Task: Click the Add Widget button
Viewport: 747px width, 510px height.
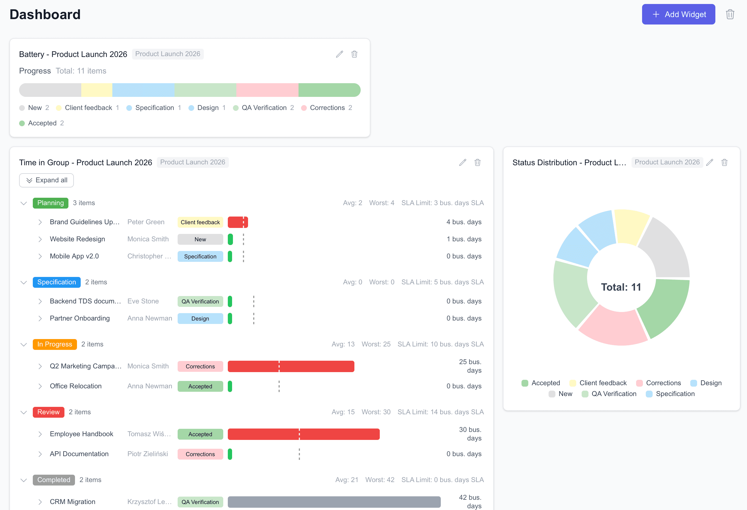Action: (x=678, y=14)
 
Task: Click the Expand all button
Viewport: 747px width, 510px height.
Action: (x=46, y=180)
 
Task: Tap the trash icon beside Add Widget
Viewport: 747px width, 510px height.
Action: (x=730, y=15)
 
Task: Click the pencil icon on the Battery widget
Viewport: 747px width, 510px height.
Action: (x=339, y=54)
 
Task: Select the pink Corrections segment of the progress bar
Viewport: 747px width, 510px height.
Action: (x=267, y=90)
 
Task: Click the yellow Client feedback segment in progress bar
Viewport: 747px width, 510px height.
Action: (x=96, y=90)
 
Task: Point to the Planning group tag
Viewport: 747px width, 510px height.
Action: (x=50, y=203)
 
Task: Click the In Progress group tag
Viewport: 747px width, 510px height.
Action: (x=55, y=344)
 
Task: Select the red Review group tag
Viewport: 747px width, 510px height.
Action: (x=48, y=412)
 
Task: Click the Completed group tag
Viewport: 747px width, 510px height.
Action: (x=54, y=480)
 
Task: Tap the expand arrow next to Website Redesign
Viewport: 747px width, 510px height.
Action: (x=40, y=239)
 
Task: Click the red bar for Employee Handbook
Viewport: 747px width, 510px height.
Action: (x=303, y=434)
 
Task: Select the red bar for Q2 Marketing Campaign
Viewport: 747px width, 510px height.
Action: (x=291, y=366)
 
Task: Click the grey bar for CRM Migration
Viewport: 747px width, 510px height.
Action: (x=334, y=502)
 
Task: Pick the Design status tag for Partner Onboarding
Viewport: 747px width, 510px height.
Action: (x=200, y=319)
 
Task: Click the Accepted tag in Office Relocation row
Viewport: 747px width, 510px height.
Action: (x=200, y=386)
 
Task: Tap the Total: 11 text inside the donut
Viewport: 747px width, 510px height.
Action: (x=621, y=287)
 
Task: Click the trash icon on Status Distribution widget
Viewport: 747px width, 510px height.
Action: (x=724, y=162)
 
